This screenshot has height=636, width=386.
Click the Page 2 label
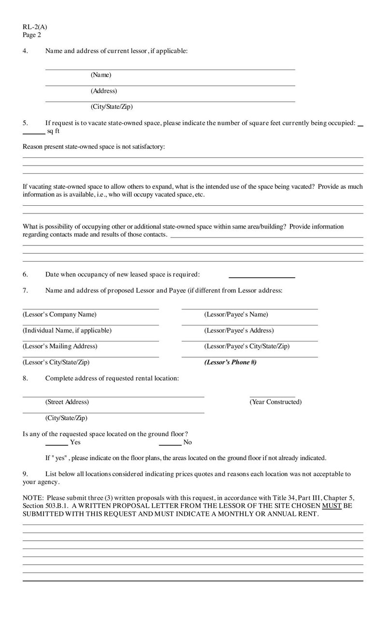[x=32, y=35]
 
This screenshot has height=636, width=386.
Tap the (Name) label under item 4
[x=101, y=75]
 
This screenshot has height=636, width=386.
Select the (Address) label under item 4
[x=104, y=91]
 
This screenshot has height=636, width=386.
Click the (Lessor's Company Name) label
[x=59, y=314]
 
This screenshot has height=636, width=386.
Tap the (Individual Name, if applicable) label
[x=67, y=330]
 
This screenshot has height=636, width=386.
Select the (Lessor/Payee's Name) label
[x=236, y=314]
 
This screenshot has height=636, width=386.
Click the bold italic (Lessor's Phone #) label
[x=230, y=362]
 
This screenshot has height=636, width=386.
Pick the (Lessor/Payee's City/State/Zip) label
[x=247, y=346]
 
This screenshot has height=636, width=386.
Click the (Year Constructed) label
[x=275, y=402]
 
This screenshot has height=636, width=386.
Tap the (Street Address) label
[x=67, y=402]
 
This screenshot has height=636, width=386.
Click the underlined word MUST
[x=329, y=506]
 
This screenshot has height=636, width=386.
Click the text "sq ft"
[x=54, y=131]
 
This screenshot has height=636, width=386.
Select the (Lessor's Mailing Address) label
[x=60, y=346]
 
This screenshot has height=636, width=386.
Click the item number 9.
[x=25, y=474]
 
